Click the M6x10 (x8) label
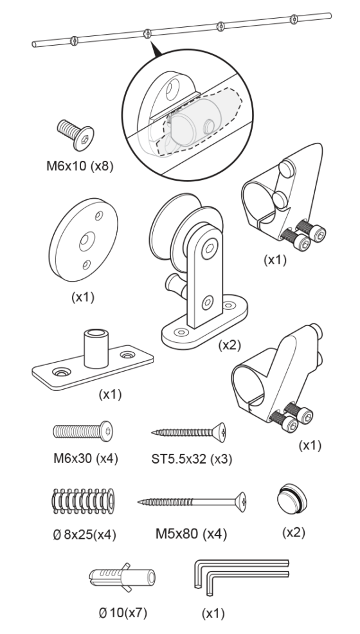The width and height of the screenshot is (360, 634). [80, 166]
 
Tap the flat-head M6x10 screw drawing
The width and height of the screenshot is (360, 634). [76, 134]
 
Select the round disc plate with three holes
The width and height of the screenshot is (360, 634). [83, 240]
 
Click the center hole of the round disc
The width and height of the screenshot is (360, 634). [87, 241]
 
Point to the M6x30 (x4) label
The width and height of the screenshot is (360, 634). [85, 458]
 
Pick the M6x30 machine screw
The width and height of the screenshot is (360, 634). [83, 431]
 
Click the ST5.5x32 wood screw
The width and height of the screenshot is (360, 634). [188, 432]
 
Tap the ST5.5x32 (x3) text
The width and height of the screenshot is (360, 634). [192, 459]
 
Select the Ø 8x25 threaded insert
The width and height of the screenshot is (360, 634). [83, 502]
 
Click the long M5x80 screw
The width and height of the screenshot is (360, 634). [192, 502]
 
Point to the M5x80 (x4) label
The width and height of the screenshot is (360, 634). [191, 534]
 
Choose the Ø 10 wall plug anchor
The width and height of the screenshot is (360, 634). [122, 577]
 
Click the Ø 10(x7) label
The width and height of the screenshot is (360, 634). [123, 613]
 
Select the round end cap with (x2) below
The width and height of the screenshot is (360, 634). [292, 498]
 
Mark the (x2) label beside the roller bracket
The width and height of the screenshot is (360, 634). [230, 345]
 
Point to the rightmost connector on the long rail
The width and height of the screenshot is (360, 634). [294, 19]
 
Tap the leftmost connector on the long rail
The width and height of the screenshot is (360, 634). [74, 41]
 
